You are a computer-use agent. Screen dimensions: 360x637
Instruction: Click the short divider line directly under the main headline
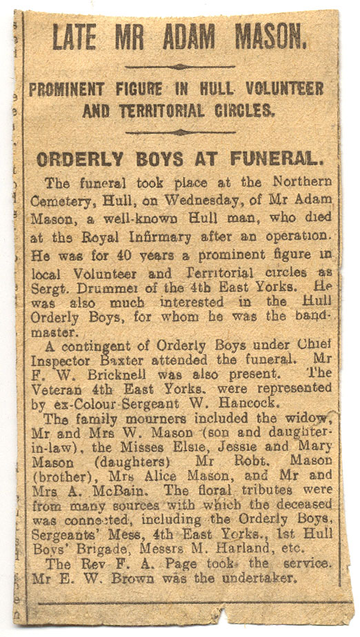(180, 67)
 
